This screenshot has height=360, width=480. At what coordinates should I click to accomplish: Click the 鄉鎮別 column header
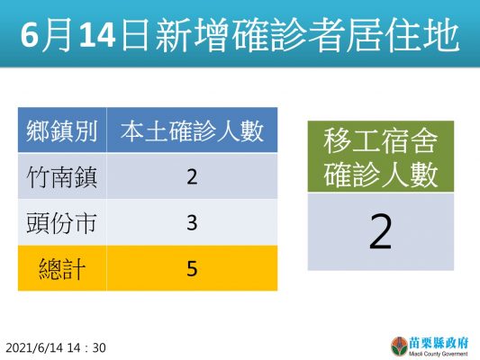(62, 131)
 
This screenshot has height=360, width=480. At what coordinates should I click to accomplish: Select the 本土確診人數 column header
(192, 131)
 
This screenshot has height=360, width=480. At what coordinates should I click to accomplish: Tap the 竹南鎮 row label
(62, 177)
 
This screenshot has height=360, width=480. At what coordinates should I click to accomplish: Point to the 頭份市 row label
(62, 222)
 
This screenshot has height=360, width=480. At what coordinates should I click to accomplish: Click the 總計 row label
(62, 268)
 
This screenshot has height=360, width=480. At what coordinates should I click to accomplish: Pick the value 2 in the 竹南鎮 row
(192, 176)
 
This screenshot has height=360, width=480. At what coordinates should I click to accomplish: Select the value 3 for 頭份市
(192, 222)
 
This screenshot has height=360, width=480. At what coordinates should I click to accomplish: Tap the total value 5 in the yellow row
(192, 268)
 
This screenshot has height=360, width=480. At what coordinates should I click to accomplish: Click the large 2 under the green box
(381, 231)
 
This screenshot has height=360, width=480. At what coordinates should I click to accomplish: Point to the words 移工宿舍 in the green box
(381, 141)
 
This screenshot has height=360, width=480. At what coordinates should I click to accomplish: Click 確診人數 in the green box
(381, 175)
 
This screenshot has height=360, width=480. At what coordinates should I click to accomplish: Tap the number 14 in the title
(97, 35)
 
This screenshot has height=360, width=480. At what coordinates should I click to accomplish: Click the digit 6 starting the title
(29, 35)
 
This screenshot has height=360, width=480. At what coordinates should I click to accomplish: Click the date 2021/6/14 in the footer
(34, 347)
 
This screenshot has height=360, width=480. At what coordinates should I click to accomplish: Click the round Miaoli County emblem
(399, 346)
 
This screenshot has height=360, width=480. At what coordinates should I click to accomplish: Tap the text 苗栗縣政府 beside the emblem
(439, 344)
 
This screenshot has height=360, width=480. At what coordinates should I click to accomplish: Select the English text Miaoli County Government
(439, 354)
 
